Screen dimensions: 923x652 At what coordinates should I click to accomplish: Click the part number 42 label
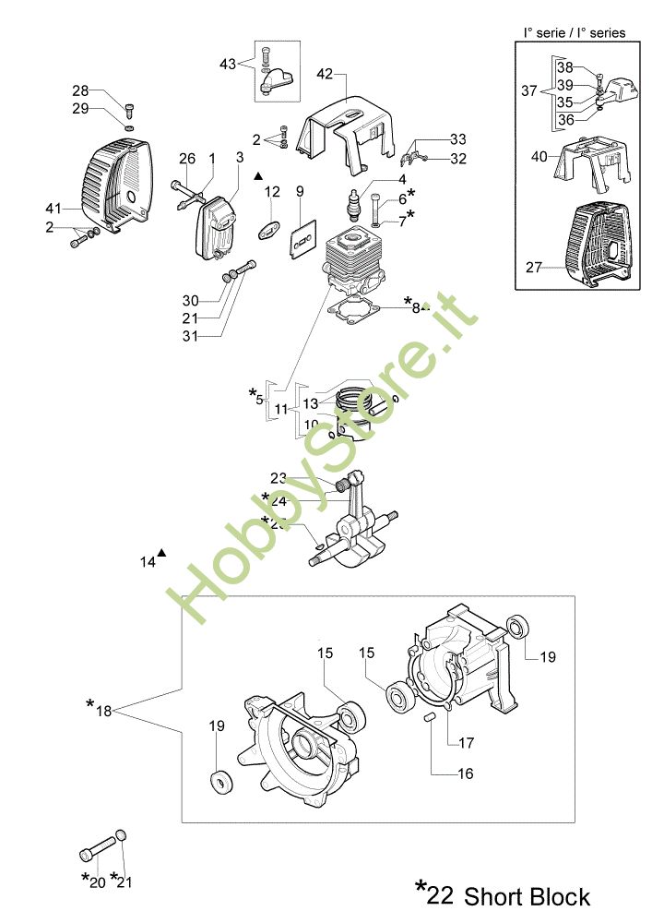(324, 74)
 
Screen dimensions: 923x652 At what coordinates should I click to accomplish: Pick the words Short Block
(527, 896)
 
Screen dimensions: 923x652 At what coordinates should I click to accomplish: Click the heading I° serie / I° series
(574, 32)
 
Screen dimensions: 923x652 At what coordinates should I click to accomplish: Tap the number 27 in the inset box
(533, 268)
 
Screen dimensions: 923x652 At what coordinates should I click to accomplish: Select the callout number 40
(539, 156)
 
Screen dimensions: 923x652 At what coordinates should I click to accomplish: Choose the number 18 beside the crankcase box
(103, 711)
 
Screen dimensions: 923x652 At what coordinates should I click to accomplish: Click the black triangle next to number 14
(162, 553)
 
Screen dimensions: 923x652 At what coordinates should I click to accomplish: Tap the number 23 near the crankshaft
(279, 477)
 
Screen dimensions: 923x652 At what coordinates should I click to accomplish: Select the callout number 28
(81, 90)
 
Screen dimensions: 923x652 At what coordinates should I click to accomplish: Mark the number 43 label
(228, 64)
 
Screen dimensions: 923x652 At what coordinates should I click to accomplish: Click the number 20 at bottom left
(97, 881)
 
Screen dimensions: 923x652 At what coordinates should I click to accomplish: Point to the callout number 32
(458, 159)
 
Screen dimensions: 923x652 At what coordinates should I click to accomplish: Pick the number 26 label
(187, 159)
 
